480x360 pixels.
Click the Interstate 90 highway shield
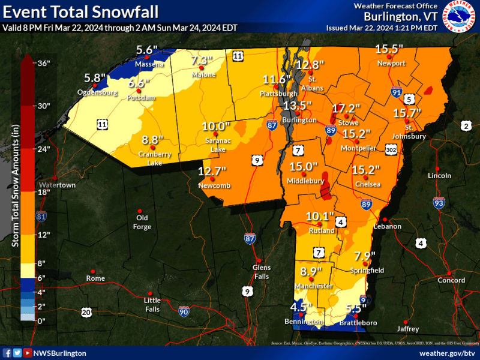click(185, 311)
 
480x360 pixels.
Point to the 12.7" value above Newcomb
click(214, 171)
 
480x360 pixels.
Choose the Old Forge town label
click(140, 222)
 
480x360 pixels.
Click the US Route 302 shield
click(391, 148)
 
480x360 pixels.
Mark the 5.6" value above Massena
click(146, 50)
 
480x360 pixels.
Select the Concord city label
click(451, 280)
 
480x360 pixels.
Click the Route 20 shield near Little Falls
click(87, 312)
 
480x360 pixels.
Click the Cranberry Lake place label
click(155, 155)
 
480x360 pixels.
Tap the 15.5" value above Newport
click(390, 49)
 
